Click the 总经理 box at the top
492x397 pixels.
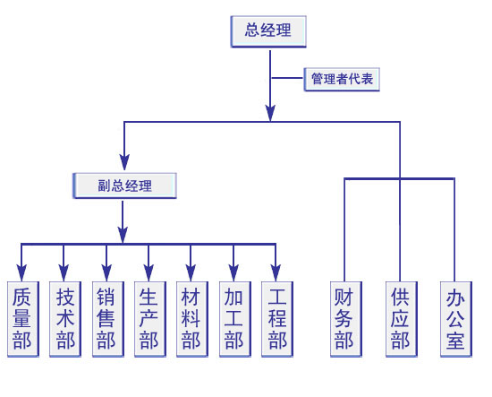point(268,31)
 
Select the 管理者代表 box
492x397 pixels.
point(342,79)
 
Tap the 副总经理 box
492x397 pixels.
point(124,186)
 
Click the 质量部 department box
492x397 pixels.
point(23,319)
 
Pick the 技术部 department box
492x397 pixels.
point(65,319)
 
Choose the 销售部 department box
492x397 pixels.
point(108,319)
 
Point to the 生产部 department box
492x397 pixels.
point(150,319)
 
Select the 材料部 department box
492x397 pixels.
point(192,319)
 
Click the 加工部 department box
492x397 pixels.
point(235,319)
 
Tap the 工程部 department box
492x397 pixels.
point(277,319)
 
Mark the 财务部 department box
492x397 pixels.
point(346,319)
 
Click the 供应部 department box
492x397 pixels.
point(402,319)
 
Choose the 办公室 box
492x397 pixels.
point(456,319)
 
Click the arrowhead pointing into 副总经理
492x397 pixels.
point(124,162)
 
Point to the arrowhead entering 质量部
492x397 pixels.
point(21,272)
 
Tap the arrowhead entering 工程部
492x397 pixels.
point(276,272)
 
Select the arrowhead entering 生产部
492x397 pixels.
point(148,272)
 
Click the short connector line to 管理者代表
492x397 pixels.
point(287,78)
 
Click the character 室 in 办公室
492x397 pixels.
point(455,341)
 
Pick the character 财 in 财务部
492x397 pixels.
point(344,298)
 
